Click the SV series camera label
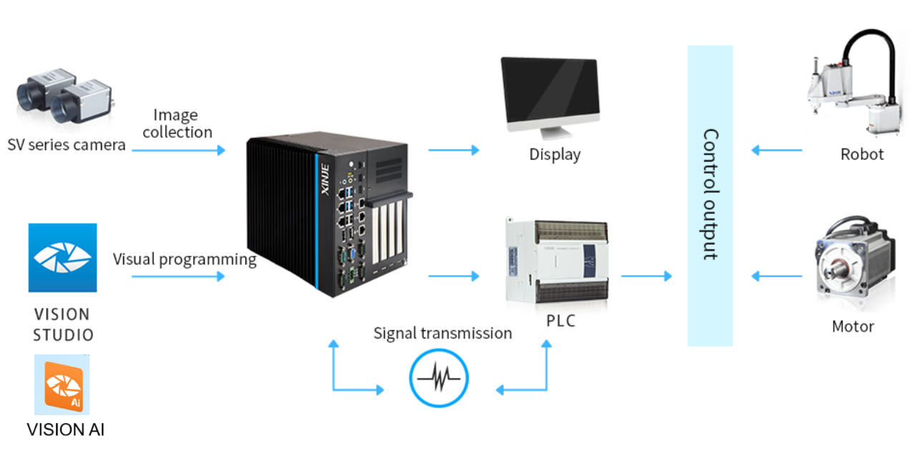[67, 145]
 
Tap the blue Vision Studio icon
[62, 258]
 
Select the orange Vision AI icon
[62, 385]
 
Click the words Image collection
[177, 124]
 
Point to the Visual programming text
[185, 259]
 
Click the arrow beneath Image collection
[178, 150]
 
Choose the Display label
[555, 154]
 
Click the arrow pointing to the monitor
[454, 150]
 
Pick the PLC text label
[560, 321]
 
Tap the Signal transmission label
[442, 333]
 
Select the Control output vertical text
[710, 194]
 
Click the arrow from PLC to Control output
[646, 276]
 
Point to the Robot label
[862, 154]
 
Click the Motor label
[853, 327]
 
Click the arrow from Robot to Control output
[776, 150]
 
